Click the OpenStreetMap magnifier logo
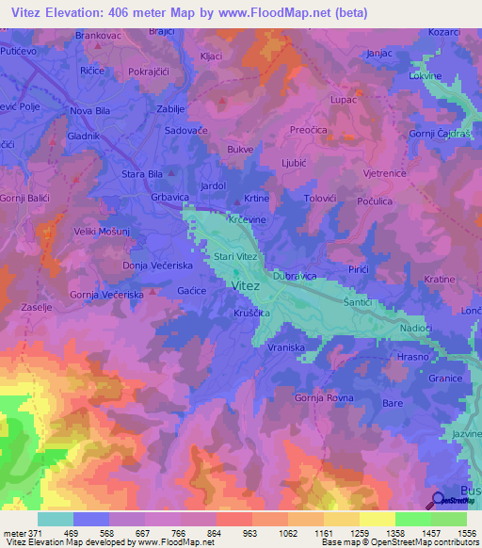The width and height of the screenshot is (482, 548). click(x=439, y=502)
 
